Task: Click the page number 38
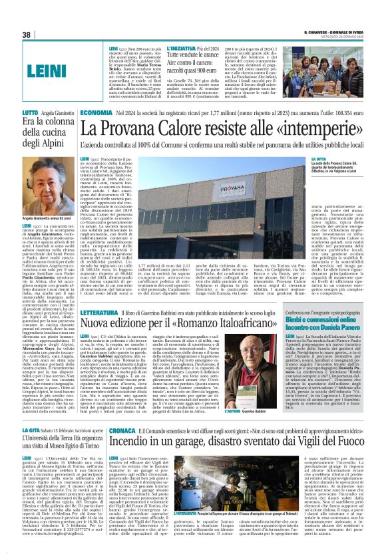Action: pyautogui.click(x=27, y=34)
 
